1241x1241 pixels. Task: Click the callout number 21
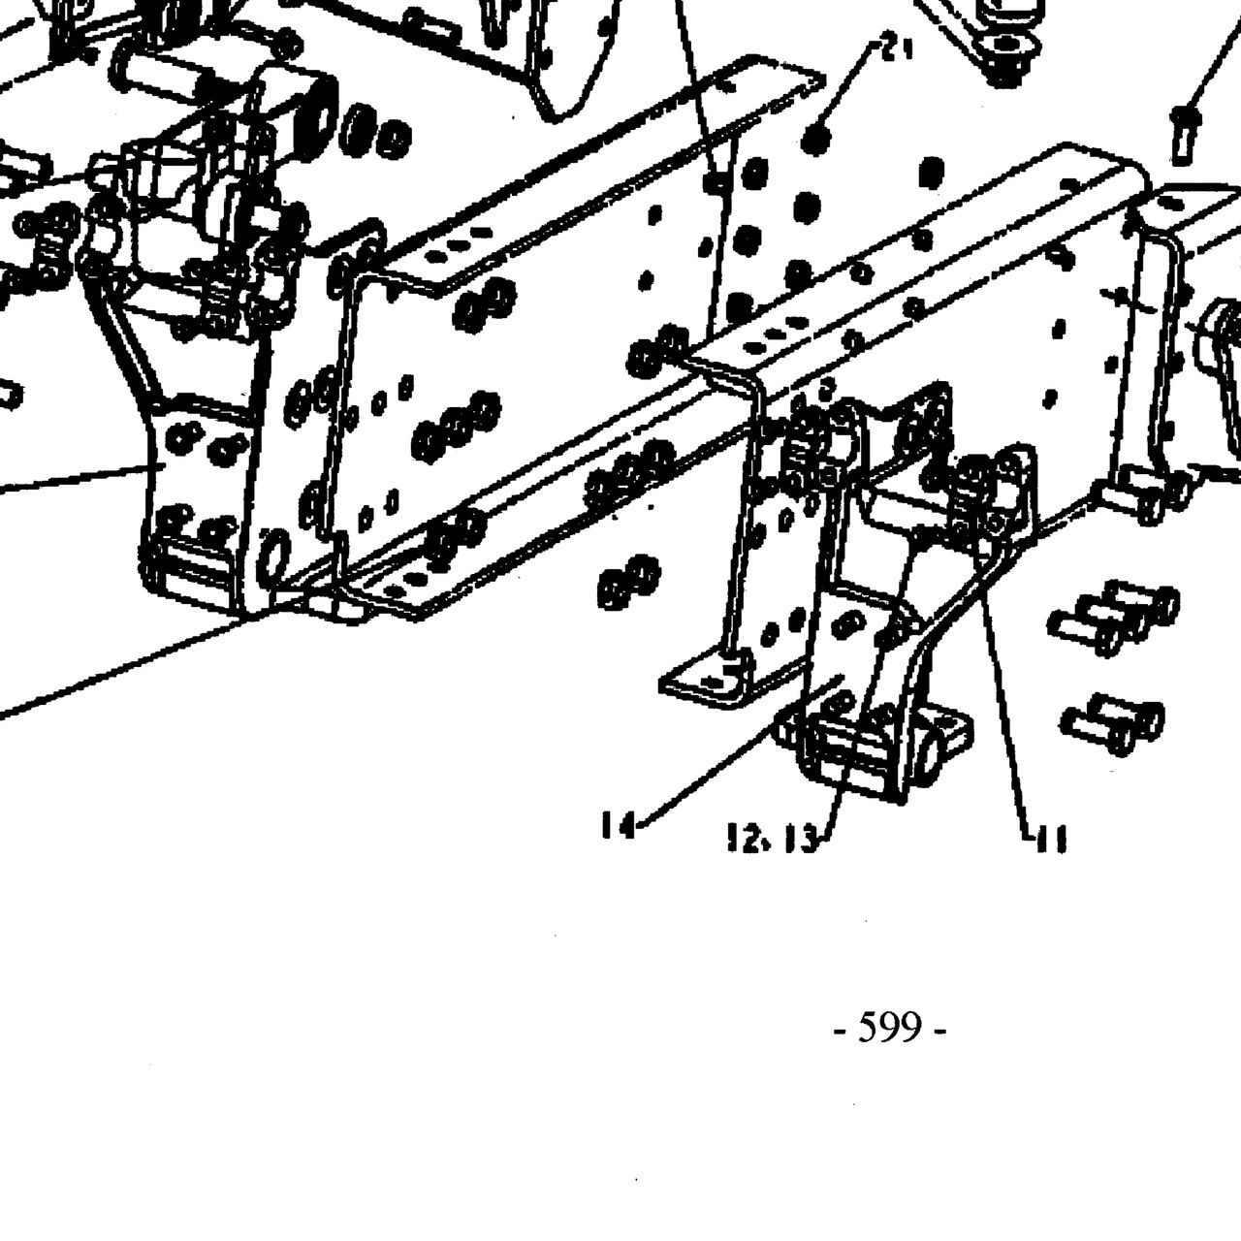tap(896, 49)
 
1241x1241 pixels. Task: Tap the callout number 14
tap(618, 825)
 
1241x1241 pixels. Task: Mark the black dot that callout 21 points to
tap(818, 137)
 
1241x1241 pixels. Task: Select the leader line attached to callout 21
tap(851, 85)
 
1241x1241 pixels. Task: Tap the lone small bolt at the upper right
tap(1183, 135)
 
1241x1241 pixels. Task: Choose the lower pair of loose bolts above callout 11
tap(1112, 725)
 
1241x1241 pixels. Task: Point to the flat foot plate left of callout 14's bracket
tap(705, 683)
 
